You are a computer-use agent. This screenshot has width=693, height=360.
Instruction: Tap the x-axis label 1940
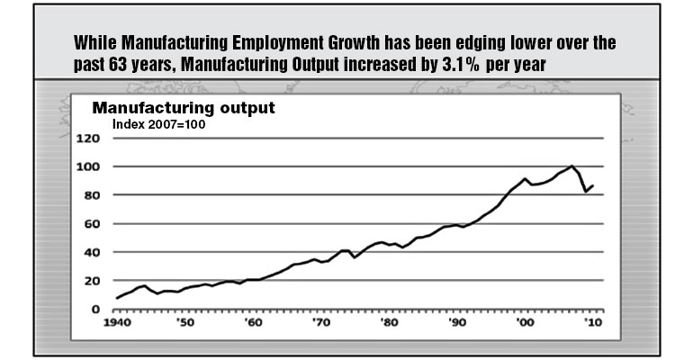click(x=117, y=322)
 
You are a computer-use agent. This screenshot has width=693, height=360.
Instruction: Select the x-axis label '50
click(x=184, y=322)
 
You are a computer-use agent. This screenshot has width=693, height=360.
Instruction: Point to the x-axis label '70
click(x=320, y=322)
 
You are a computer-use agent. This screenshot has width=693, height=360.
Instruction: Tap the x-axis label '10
click(x=592, y=322)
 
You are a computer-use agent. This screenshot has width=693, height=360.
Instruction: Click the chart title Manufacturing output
click(x=184, y=109)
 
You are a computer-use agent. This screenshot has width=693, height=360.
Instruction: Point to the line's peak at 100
click(x=572, y=166)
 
